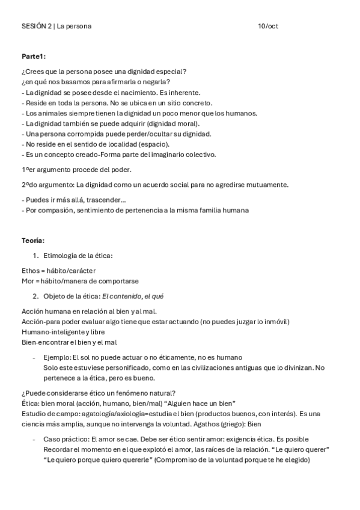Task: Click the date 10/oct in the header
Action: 267,26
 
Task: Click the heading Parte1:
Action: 34,56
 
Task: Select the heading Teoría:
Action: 34,241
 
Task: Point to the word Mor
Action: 28,281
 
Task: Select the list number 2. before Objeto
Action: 36,296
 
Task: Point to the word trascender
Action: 107,200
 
